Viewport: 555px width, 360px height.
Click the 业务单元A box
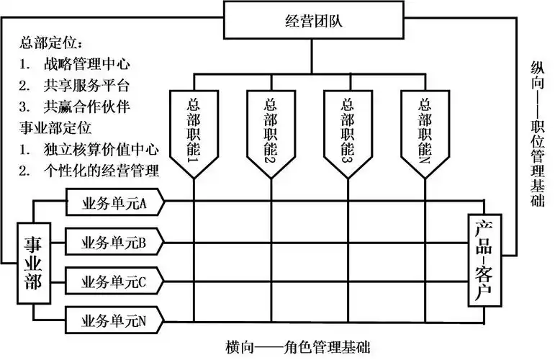pos(115,204)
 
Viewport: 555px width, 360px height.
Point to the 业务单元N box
pos(115,319)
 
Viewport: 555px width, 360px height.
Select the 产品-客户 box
pos(483,259)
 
